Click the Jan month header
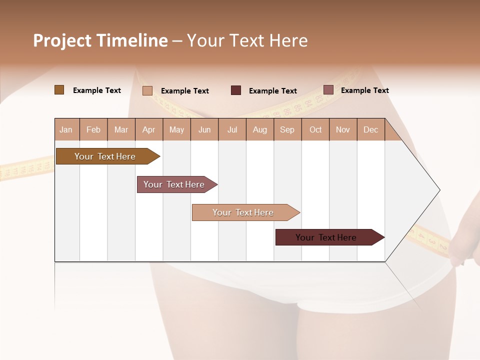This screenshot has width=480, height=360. [x=66, y=129]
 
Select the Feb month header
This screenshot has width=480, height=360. [x=93, y=129]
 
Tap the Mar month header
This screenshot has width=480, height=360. [x=121, y=129]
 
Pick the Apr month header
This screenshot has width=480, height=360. [x=148, y=129]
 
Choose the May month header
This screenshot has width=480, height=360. [x=176, y=129]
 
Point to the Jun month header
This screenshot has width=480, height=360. [x=204, y=129]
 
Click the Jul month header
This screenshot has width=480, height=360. [x=232, y=129]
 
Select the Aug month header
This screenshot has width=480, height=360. [x=260, y=129]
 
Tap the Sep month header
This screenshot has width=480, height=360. [x=287, y=129]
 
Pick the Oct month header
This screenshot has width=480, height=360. [x=315, y=129]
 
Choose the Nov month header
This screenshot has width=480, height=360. [x=343, y=129]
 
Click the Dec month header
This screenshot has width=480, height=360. [x=371, y=129]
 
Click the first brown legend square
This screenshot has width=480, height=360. [x=59, y=90]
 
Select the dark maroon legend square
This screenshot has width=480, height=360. [x=236, y=90]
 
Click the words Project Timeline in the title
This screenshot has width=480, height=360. [x=100, y=40]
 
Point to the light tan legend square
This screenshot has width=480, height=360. [x=147, y=90]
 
